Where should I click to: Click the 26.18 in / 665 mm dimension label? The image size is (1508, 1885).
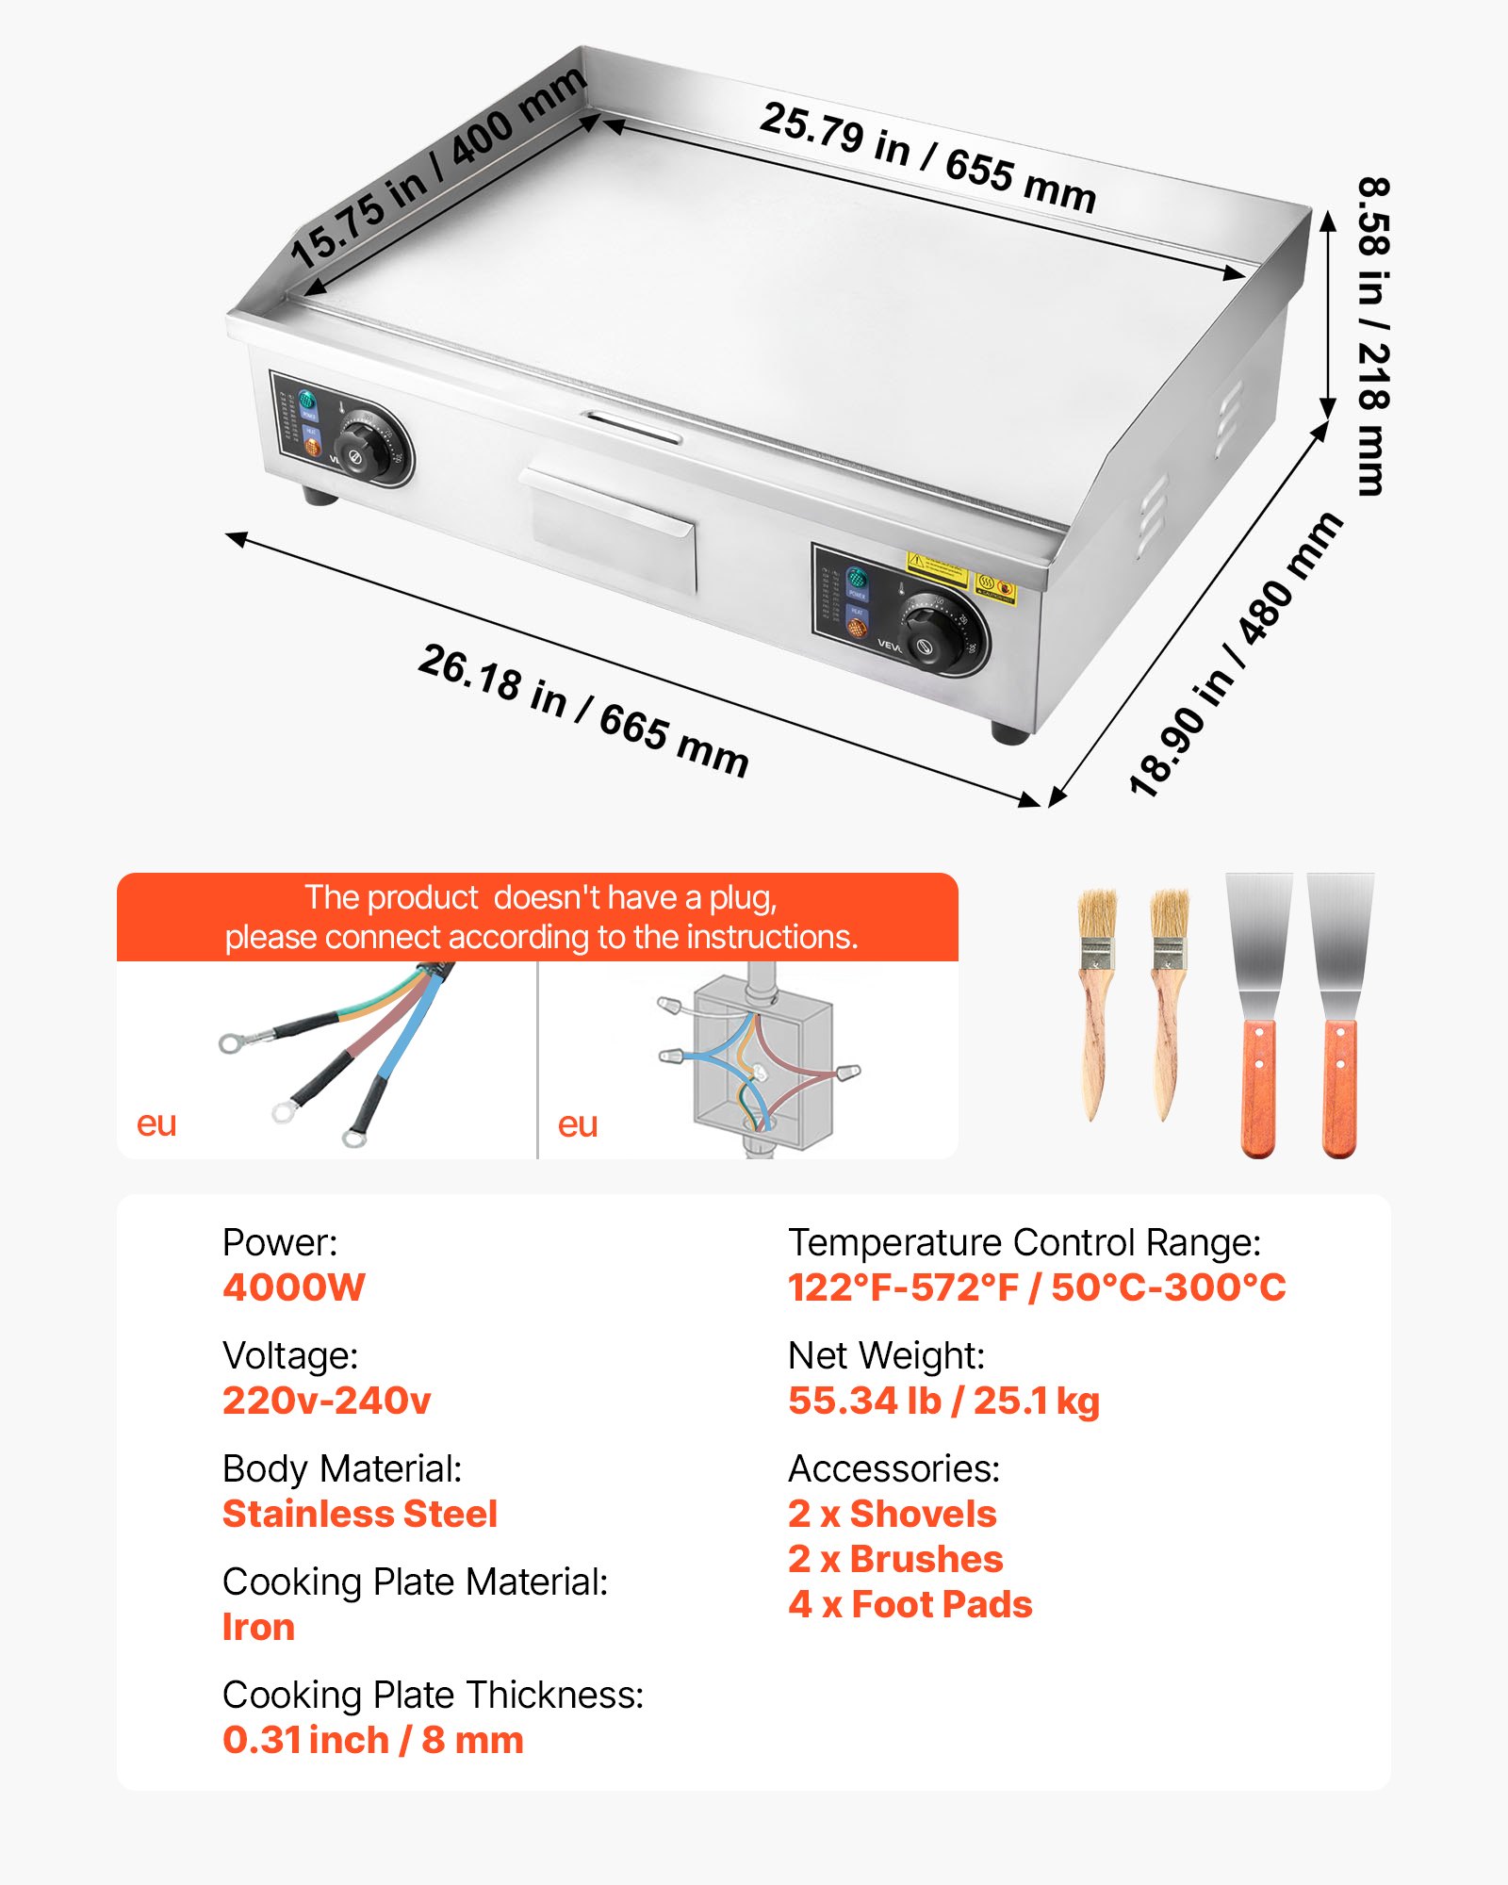(583, 710)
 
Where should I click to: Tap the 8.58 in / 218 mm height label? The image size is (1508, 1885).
(1372, 336)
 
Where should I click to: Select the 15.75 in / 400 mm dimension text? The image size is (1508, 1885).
(437, 169)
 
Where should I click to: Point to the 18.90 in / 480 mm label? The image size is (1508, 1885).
(1236, 656)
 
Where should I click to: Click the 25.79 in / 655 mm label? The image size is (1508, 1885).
(927, 157)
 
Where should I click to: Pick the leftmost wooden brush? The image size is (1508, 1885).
(1097, 1004)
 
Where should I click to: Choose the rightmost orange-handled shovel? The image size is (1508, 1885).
(1339, 1013)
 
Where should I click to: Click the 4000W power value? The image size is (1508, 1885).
(294, 1287)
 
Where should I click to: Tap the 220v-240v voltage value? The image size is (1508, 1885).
(327, 1401)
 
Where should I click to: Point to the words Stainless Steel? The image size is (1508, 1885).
(360, 1514)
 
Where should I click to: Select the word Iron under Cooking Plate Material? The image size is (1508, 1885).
(258, 1627)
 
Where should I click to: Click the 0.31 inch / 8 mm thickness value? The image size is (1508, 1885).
(373, 1740)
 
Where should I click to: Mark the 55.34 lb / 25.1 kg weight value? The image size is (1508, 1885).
(943, 1401)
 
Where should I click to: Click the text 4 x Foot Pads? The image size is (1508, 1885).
(910, 1604)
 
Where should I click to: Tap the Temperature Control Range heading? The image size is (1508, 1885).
(1024, 1242)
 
